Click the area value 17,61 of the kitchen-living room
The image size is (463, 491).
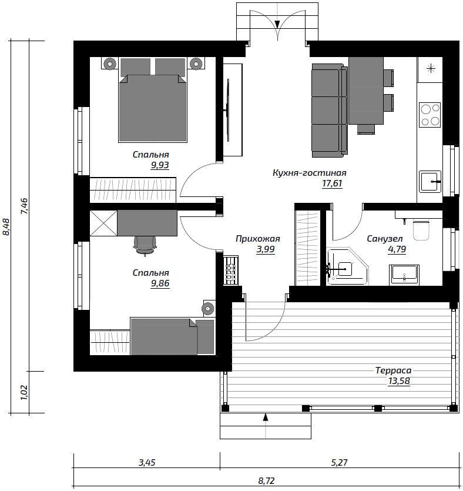click(x=332, y=183)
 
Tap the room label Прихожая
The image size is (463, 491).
click(x=258, y=239)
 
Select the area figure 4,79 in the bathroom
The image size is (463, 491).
click(x=397, y=249)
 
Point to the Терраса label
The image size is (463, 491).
click(x=393, y=371)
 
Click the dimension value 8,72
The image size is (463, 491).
click(x=267, y=480)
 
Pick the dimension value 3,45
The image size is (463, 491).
click(x=147, y=463)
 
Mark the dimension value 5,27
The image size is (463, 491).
click(x=340, y=463)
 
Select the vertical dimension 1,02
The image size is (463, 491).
click(x=24, y=392)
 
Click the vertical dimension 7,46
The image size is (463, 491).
click(x=24, y=206)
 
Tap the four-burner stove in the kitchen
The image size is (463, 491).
click(x=430, y=115)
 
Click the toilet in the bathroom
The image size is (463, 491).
click(x=421, y=230)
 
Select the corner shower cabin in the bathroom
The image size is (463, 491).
click(x=348, y=267)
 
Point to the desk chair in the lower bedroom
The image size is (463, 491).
click(x=145, y=245)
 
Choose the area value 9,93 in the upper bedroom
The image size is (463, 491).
click(x=160, y=165)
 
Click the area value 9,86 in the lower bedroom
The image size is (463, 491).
click(x=160, y=283)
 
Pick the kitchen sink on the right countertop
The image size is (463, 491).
click(x=430, y=182)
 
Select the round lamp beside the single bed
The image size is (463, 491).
click(x=207, y=309)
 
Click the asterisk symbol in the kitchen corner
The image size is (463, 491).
click(x=431, y=68)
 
